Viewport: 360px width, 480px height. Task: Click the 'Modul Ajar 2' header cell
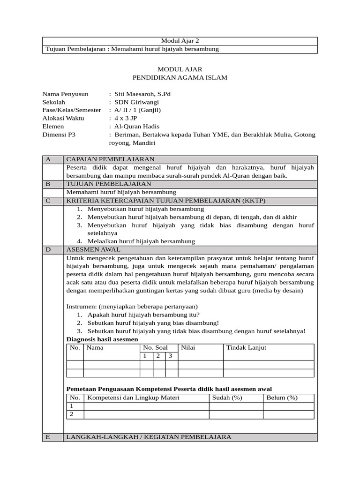pos(180,41)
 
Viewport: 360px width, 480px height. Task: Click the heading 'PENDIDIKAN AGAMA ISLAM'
pos(180,77)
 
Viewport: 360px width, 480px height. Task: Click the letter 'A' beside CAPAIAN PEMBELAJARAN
pos(48,159)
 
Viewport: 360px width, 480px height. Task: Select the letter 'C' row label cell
pos(48,201)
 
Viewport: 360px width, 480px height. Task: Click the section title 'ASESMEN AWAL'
pos(93,250)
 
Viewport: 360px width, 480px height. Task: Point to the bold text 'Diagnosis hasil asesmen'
pos(102,339)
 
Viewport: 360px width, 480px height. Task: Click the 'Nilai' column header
pos(188,348)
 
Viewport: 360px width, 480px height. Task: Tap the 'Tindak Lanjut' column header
pos(246,348)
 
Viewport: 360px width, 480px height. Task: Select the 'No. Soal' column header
pos(155,348)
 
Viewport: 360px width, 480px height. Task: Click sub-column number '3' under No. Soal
pos(171,356)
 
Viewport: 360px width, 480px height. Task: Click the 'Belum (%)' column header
pos(282,398)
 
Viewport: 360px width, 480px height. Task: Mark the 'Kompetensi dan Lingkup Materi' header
pos(133,398)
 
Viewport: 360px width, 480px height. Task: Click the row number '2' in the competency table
pos(72,414)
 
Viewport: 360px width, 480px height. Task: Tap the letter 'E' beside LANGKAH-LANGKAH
pos(48,437)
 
